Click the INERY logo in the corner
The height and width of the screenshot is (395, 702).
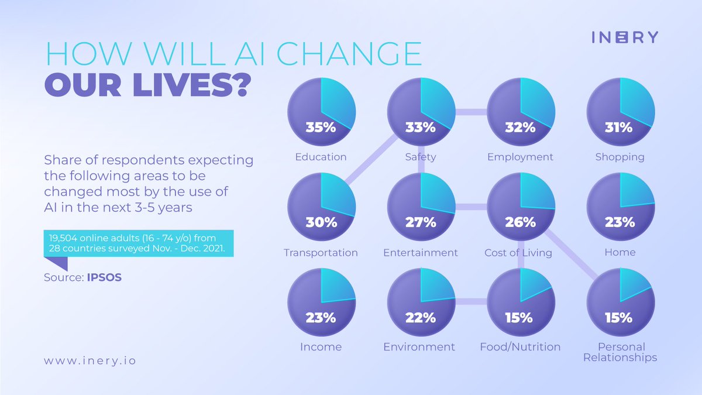tap(624, 37)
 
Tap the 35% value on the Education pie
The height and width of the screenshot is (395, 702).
tap(321, 126)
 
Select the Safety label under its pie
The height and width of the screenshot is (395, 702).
tap(420, 157)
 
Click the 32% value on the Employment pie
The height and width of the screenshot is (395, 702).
tap(520, 126)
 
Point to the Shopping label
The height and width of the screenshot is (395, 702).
tap(620, 157)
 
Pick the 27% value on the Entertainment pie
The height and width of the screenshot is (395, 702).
tap(420, 222)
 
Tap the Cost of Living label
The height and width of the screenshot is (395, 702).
tap(518, 253)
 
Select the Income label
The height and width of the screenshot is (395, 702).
tap(321, 347)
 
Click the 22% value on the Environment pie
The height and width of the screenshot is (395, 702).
tap(420, 318)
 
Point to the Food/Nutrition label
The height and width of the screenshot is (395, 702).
tap(520, 347)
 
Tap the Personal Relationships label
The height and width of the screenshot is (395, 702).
tap(620, 352)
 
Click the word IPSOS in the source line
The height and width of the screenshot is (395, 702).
tap(104, 277)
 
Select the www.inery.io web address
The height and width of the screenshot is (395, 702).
tap(90, 360)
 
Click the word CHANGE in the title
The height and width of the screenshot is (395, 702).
tap(351, 55)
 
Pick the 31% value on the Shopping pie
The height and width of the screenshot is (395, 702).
tap(620, 126)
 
